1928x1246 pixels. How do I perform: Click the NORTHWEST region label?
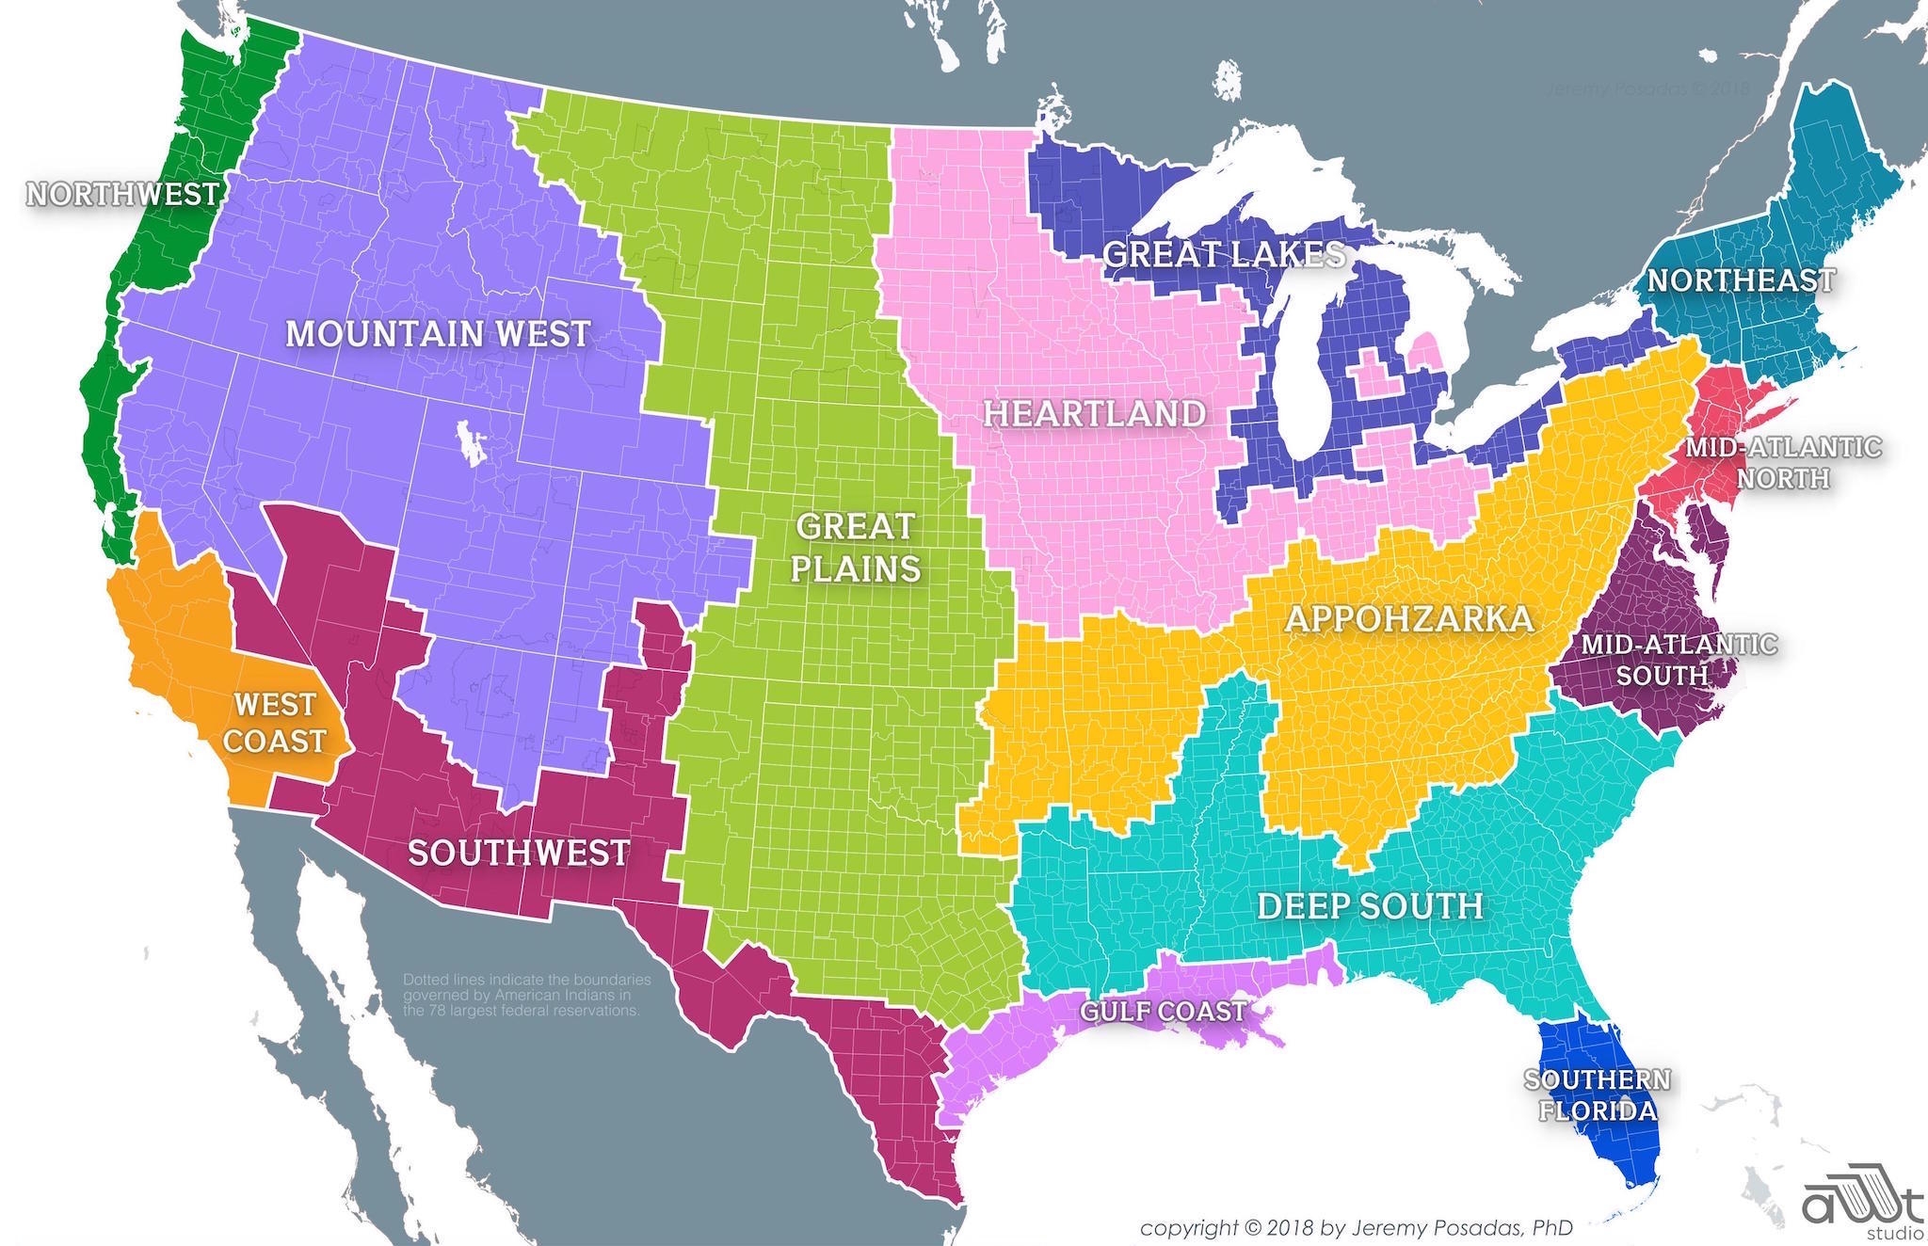(x=122, y=194)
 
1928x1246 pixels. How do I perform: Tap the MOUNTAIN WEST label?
(x=438, y=333)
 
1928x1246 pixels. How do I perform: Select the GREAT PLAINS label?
(x=855, y=547)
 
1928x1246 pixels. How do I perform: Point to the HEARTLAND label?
(x=1094, y=413)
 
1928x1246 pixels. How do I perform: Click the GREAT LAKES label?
(x=1224, y=254)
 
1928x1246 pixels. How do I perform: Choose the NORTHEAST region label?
(x=1741, y=280)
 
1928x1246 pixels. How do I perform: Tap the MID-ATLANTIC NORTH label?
(x=1783, y=462)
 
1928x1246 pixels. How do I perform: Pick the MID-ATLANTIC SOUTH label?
(x=1679, y=660)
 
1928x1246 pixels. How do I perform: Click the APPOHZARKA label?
(x=1409, y=618)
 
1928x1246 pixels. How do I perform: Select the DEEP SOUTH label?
(x=1370, y=905)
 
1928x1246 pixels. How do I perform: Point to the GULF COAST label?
(x=1163, y=1011)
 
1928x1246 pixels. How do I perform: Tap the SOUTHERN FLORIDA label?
(x=1598, y=1094)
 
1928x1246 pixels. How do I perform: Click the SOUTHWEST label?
(x=519, y=853)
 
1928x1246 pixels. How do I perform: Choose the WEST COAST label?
(x=275, y=723)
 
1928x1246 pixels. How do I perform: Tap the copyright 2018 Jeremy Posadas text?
(x=1356, y=1228)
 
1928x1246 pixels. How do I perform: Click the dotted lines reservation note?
(x=526, y=995)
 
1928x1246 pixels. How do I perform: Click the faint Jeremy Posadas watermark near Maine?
(x=1647, y=89)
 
